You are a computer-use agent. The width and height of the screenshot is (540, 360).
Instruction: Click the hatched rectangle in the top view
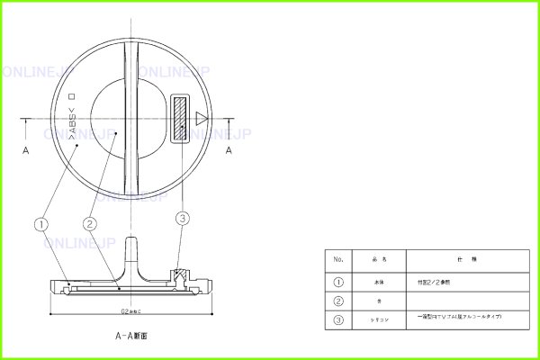(181, 118)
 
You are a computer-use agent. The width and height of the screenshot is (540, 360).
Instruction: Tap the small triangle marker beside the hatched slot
(201, 118)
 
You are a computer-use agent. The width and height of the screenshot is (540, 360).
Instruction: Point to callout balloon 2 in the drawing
(89, 222)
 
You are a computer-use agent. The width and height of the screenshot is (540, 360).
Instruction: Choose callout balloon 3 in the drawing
(184, 218)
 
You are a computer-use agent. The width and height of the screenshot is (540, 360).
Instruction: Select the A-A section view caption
(130, 335)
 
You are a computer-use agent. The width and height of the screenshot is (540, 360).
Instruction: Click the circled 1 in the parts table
(338, 281)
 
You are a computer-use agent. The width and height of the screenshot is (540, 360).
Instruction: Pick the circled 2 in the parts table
(338, 300)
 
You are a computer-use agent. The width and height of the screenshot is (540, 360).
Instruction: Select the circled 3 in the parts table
(338, 319)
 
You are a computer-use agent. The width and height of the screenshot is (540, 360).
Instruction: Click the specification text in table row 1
(433, 281)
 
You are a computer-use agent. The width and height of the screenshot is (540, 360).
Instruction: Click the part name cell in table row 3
(378, 319)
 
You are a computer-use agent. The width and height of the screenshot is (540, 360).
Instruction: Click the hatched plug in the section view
(178, 274)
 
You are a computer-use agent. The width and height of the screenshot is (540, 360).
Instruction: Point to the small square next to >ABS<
(73, 98)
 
